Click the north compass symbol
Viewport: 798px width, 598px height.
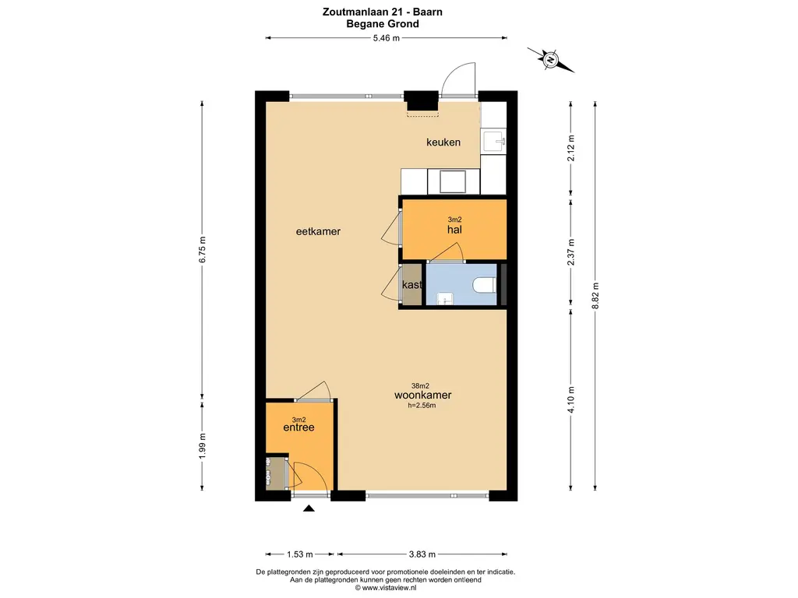551,60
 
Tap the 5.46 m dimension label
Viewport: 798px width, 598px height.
387,37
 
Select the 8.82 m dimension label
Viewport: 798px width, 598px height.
595,296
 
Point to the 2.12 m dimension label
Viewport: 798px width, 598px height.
570,149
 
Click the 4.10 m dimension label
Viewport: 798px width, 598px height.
570,400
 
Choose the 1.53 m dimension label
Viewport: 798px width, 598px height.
300,554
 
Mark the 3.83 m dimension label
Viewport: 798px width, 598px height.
422,554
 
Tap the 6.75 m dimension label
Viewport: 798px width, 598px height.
202,250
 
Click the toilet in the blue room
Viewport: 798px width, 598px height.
484,285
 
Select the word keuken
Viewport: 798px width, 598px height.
443,142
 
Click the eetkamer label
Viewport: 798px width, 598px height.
318,231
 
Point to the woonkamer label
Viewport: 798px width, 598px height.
423,395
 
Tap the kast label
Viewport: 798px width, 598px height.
411,285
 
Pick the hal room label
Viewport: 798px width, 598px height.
454,230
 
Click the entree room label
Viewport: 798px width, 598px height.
298,427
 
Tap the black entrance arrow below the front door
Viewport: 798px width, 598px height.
309,508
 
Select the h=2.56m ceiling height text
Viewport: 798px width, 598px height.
422,405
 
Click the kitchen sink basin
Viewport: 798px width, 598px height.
493,142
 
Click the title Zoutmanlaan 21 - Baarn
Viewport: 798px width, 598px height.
382,12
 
